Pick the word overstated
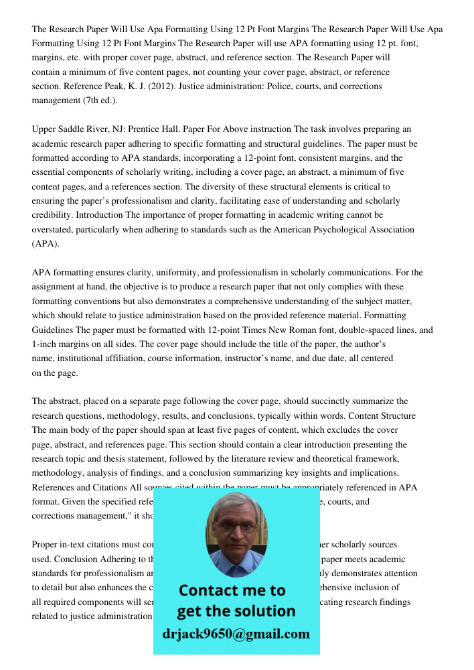[54, 230]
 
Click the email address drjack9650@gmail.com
[236, 634]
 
